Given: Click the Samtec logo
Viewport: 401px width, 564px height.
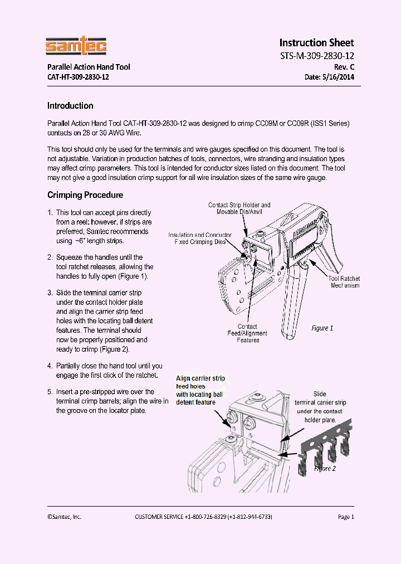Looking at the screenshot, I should click(x=76, y=46).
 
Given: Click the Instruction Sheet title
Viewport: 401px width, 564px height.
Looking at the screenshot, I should click(x=316, y=43).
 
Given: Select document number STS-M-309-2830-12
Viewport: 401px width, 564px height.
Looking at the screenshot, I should click(x=316, y=56).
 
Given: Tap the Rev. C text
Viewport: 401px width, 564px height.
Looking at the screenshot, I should click(x=344, y=67).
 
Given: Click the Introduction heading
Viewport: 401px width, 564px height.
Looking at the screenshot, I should click(x=70, y=106).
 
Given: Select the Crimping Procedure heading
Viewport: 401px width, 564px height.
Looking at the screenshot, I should click(x=85, y=195).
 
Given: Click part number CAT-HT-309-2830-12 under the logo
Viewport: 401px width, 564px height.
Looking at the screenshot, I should click(x=78, y=77).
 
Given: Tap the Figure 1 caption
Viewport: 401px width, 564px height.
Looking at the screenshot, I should click(x=322, y=328).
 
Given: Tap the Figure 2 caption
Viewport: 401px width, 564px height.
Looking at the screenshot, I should click(x=325, y=469).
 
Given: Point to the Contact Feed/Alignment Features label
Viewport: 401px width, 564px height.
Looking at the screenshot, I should click(x=248, y=333).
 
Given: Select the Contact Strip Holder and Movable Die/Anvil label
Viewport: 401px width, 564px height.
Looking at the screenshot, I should click(x=239, y=209).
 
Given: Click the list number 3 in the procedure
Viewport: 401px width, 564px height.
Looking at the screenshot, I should click(x=50, y=293).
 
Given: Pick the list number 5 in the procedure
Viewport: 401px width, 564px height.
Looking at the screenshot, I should click(x=50, y=392).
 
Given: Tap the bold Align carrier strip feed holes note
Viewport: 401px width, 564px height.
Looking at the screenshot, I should click(x=200, y=390).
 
